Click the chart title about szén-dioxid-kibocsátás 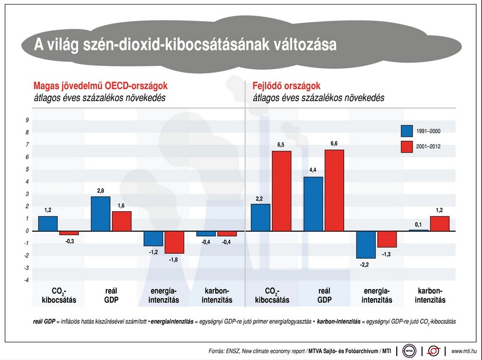pyautogui.click(x=185, y=45)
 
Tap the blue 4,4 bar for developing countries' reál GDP pyautogui.click(x=313, y=204)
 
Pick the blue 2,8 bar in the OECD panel pyautogui.click(x=101, y=213)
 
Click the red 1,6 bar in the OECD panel pyautogui.click(x=121, y=221)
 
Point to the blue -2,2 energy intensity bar pyautogui.click(x=366, y=244)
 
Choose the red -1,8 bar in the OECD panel pyautogui.click(x=173, y=242)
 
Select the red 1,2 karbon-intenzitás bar pyautogui.click(x=439, y=224)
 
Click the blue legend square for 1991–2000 pyautogui.click(x=407, y=131)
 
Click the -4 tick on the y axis pyautogui.click(x=26, y=280)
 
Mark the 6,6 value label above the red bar pyautogui.click(x=334, y=143)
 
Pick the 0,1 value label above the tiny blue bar pyautogui.click(x=418, y=224)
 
